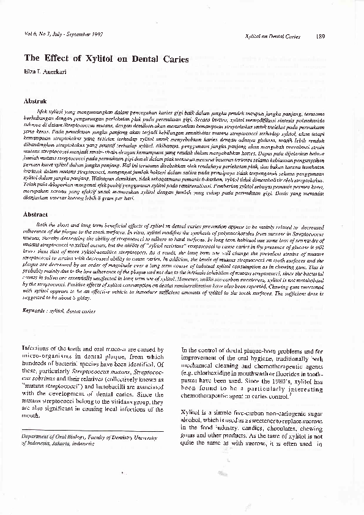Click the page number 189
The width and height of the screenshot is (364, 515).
[321, 37]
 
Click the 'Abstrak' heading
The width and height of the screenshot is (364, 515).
[34, 99]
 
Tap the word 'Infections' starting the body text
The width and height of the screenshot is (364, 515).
[37, 349]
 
